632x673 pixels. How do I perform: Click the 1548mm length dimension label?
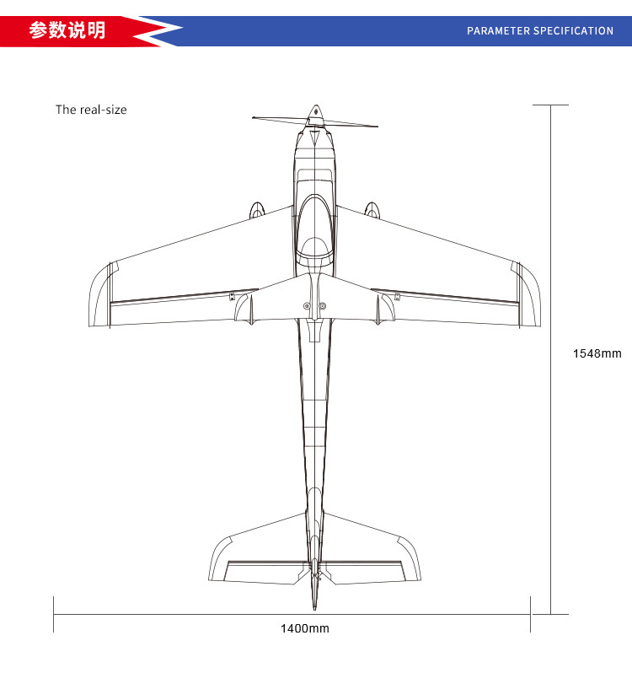[597, 353]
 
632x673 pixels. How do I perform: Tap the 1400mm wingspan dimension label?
[305, 628]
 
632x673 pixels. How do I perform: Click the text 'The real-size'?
[91, 110]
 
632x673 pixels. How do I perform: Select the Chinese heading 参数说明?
[67, 30]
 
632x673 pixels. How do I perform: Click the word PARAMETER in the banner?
[498, 31]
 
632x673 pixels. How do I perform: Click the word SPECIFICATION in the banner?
[574, 31]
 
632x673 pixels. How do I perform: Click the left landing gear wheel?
[257, 210]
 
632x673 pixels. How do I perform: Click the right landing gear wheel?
[372, 210]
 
